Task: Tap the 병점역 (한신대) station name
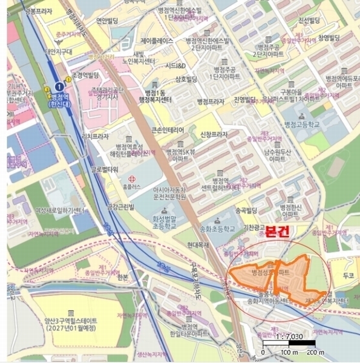click(x=58, y=100)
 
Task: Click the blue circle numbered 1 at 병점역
click(x=59, y=86)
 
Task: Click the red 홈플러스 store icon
click(x=132, y=180)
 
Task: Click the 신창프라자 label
click(x=213, y=134)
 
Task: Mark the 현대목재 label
click(x=198, y=244)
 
